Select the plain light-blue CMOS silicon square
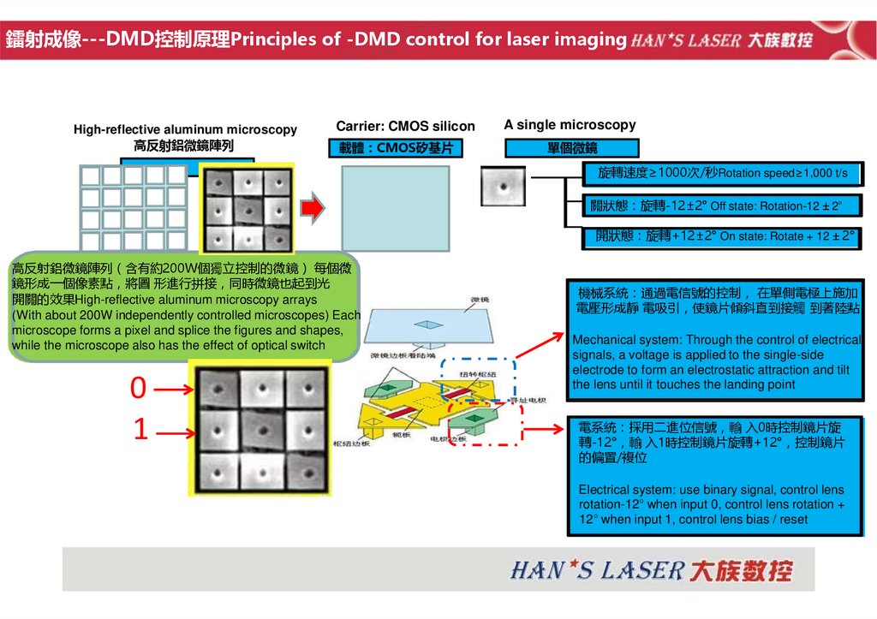[395, 208]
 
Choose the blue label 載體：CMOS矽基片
[395, 149]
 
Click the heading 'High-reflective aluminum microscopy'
[185, 129]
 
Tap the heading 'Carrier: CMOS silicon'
[405, 126]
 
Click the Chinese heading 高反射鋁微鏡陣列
[183, 146]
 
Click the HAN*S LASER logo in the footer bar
[652, 570]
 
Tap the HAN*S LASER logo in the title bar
[722, 39]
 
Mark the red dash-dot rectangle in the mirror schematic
[486, 422]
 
